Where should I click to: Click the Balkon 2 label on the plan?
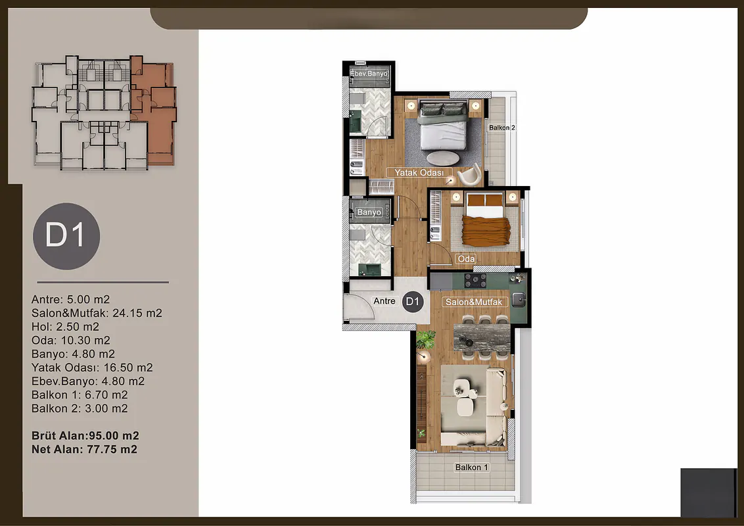502,128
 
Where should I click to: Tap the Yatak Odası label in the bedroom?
419,173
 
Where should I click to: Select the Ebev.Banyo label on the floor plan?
369,74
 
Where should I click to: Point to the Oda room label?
466,259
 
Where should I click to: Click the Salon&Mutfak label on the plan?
473,302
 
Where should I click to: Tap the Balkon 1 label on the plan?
471,467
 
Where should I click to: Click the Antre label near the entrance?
384,301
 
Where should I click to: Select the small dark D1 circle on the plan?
413,301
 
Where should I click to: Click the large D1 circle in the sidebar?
66,236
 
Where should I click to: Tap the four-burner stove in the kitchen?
475,281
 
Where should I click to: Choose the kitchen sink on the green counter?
519,300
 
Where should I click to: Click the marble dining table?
482,338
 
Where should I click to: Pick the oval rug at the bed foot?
443,158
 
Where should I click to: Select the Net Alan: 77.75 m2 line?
85,449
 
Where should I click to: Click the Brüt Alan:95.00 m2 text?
85,435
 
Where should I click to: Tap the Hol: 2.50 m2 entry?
66,327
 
